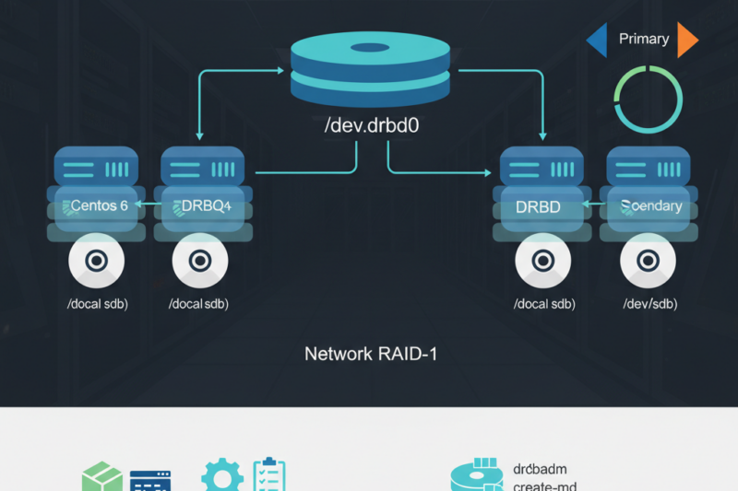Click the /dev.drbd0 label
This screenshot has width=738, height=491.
(372, 126)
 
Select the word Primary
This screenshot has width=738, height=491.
(643, 39)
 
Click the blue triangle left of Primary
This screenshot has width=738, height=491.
(597, 40)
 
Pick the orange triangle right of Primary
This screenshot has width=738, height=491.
(687, 40)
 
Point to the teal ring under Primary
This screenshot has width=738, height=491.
(648, 99)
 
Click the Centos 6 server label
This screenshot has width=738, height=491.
(95, 205)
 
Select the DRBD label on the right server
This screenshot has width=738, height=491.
(538, 206)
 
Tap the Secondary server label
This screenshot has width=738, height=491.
(651, 205)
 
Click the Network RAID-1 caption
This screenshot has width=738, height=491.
(370, 353)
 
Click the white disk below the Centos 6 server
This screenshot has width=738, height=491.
(96, 261)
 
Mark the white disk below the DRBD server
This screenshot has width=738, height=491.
(543, 261)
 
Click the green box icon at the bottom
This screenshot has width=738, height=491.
(101, 479)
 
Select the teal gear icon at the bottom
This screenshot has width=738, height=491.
(222, 477)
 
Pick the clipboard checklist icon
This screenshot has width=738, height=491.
(269, 475)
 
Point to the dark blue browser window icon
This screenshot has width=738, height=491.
(150, 481)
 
